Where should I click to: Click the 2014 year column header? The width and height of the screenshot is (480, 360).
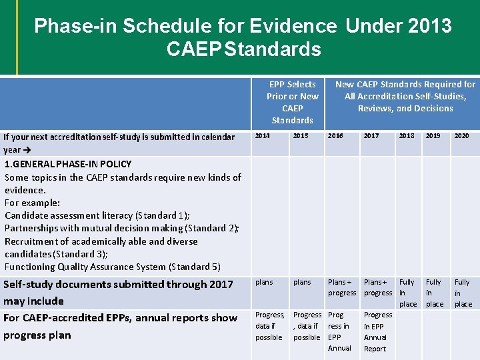coord(263,136)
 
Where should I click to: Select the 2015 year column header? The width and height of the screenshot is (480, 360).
coord(301,136)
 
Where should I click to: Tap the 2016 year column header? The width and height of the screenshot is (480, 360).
coord(335,136)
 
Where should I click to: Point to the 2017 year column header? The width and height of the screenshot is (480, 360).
coord(371,136)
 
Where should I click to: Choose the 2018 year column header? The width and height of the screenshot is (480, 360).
coord(406,136)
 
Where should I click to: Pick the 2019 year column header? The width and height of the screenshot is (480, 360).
coord(433,136)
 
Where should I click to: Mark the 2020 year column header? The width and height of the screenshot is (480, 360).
coord(461,136)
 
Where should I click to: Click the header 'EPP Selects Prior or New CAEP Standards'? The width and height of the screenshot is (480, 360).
coord(292,102)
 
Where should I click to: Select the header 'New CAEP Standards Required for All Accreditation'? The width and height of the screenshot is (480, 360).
coord(405,96)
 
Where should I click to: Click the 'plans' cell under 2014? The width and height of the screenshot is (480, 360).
coord(264,282)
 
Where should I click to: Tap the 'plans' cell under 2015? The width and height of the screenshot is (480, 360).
coord(302,282)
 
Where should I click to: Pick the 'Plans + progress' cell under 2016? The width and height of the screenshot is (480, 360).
coord(341,287)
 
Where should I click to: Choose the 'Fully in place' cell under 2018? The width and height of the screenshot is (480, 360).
coord(407,293)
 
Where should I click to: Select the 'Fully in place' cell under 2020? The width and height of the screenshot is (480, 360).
coord(463,293)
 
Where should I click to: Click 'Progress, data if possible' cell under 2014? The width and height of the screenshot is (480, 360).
coord(269,326)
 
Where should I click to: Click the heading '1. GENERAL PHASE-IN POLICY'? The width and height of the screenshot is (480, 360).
coord(68,164)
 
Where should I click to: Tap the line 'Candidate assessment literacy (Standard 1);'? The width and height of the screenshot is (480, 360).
coord(97,215)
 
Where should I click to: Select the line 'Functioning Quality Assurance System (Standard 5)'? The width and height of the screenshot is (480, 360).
coord(113,267)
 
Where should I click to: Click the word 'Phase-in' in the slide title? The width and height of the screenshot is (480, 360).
coord(73,26)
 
